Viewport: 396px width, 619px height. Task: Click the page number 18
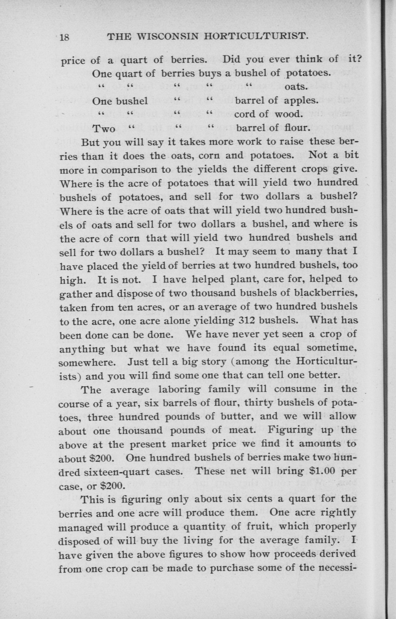[x=64, y=37]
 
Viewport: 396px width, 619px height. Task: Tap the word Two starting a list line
[x=104, y=128]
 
